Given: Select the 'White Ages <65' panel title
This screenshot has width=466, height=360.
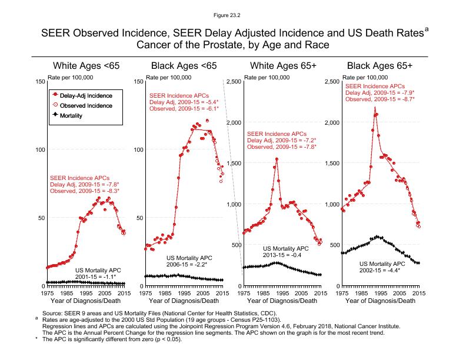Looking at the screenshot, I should pyautogui.click(x=86, y=65).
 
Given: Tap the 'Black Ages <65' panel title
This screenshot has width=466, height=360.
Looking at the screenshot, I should pyautogui.click(x=184, y=65).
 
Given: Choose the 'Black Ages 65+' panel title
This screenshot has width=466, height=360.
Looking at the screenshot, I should pyautogui.click(x=380, y=65).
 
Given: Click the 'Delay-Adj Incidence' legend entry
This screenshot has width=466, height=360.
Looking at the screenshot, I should pyautogui.click(x=85, y=95).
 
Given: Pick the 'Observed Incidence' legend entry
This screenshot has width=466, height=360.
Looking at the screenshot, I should pyautogui.click(x=85, y=105).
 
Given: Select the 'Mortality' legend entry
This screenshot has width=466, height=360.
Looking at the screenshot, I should pyautogui.click(x=71, y=116).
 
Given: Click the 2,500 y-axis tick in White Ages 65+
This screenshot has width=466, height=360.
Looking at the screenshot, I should pyautogui.click(x=232, y=81).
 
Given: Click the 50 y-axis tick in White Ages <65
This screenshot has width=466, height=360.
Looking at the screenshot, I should pyautogui.click(x=40, y=218).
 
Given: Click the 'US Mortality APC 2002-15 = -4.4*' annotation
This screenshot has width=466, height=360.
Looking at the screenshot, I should pyautogui.click(x=382, y=267).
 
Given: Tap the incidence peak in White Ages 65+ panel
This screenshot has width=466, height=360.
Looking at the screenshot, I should pyautogui.click(x=277, y=159).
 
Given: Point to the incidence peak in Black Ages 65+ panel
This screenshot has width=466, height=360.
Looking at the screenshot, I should pyautogui.click(x=375, y=108).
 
